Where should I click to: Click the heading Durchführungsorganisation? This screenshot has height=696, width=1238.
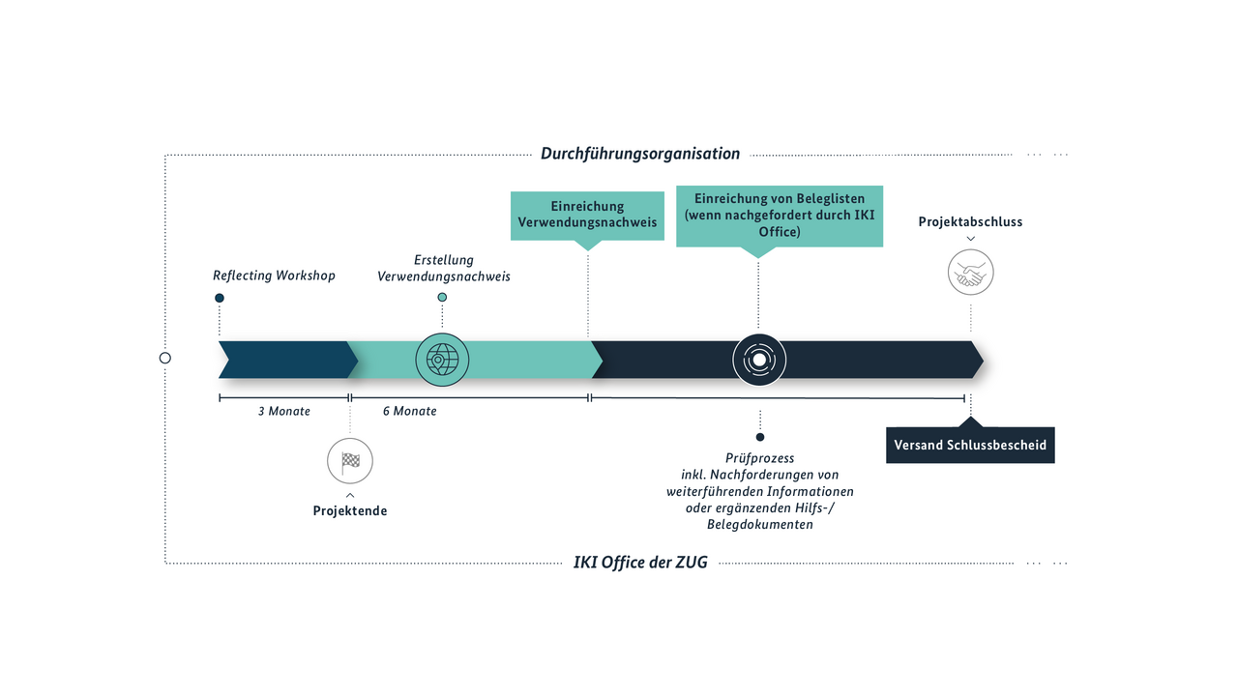tap(640, 154)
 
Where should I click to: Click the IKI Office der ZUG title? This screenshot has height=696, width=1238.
tap(640, 563)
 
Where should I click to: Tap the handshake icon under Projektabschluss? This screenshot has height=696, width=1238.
tap(970, 273)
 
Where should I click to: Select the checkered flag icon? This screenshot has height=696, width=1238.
tap(350, 461)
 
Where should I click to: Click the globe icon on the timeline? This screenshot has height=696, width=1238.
tap(442, 360)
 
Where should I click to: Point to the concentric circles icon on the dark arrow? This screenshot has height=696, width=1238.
tap(759, 361)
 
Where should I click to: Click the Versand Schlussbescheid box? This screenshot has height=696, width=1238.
tap(970, 445)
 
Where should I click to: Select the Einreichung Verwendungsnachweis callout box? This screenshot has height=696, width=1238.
tap(587, 216)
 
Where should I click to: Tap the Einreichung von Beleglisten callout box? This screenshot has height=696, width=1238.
tap(780, 216)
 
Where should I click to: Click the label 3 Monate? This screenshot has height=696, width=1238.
tap(284, 411)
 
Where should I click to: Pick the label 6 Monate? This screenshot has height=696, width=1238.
tap(409, 411)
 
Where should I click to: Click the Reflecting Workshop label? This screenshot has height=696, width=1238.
tap(274, 275)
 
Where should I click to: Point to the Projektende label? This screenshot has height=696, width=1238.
tap(350, 511)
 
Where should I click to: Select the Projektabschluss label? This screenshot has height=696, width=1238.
tap(970, 222)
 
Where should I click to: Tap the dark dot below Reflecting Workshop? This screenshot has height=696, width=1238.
tap(220, 299)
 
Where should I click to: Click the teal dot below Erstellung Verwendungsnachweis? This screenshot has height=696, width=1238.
tap(442, 297)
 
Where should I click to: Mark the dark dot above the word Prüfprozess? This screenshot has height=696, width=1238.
tap(760, 437)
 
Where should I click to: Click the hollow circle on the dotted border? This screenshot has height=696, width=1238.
tap(164, 358)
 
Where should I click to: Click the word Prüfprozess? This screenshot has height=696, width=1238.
tap(760, 458)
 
